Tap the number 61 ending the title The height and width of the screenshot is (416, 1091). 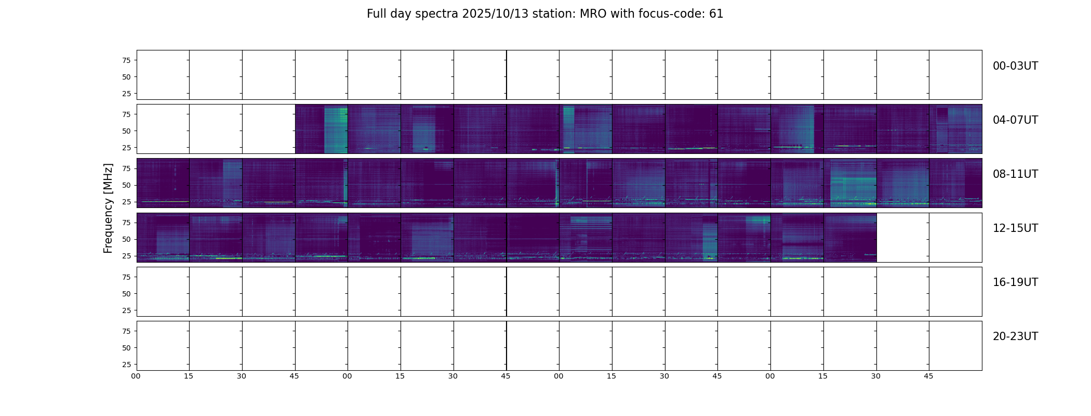coord(716,14)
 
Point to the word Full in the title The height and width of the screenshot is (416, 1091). coord(376,14)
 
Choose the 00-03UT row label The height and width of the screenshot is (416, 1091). coord(1015,66)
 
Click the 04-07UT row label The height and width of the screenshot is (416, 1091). coord(1015,120)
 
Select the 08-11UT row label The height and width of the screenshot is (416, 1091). coord(1015,174)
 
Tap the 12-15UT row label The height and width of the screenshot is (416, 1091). coord(1015,228)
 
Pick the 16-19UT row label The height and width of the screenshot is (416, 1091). coord(1015,282)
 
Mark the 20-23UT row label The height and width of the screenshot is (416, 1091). coord(1015,336)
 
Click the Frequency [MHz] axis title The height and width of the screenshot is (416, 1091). coord(108,208)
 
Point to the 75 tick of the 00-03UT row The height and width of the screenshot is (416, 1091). coord(126,60)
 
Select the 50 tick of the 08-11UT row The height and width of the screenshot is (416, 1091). coord(126,185)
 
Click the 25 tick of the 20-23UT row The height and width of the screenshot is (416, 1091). coord(126,365)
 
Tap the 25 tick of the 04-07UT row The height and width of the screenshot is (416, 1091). coord(126,148)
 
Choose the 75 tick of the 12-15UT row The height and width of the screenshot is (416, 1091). coord(126,223)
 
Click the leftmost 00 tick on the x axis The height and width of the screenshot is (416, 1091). coord(136,376)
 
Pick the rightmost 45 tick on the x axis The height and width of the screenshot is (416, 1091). coord(928,376)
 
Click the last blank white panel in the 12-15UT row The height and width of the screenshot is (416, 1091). coord(955,238)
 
